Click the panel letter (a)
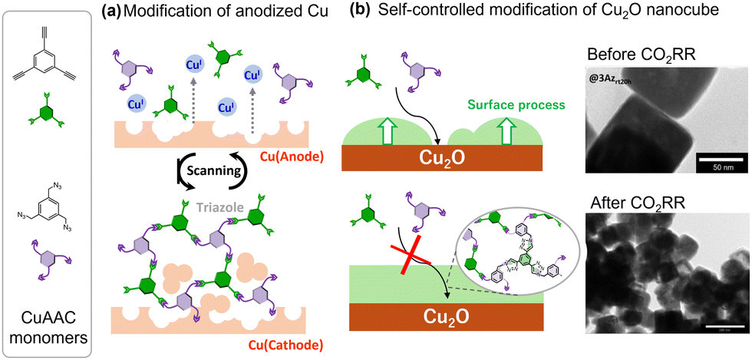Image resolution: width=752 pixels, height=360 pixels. coord(115,13)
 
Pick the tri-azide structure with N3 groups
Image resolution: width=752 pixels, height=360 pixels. coord(49,197)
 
